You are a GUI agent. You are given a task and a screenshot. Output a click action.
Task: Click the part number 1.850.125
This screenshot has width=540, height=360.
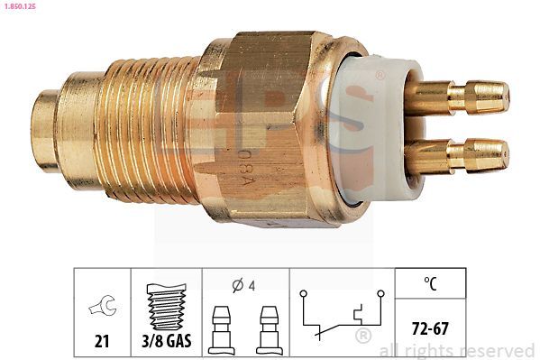tap(22, 6)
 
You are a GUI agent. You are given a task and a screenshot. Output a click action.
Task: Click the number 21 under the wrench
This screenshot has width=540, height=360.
tap(102, 342)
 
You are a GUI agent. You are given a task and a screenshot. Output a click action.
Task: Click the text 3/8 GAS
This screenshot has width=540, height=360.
tap(167, 342)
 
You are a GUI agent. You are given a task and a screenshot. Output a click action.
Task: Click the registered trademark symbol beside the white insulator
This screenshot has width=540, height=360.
tap(380, 76)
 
